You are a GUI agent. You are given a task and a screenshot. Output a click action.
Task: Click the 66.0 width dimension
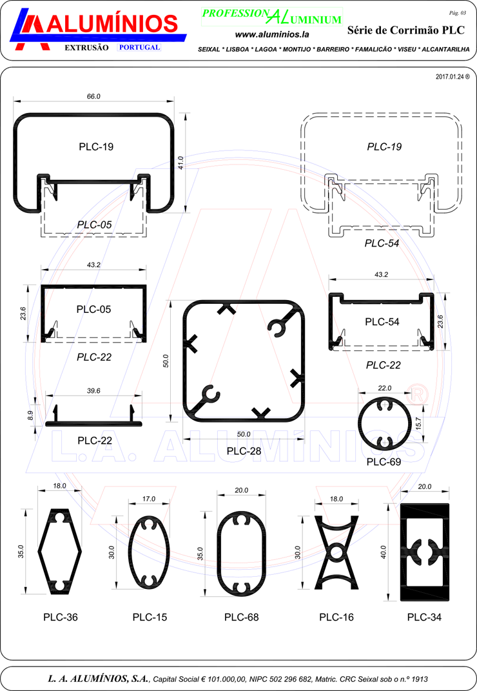[x=93, y=96]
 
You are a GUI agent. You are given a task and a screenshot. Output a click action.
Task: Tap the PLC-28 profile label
[x=244, y=451]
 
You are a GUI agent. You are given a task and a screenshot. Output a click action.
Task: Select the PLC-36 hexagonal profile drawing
[x=60, y=551]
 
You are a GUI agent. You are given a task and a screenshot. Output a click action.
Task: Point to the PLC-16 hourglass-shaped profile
[x=336, y=553]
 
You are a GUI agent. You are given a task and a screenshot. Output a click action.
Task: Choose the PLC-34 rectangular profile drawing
[x=425, y=552]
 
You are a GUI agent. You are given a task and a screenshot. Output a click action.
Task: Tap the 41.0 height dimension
[x=180, y=162]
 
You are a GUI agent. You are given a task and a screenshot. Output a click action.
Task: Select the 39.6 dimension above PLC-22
[x=93, y=390]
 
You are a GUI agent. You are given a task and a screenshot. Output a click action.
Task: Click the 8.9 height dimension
[x=30, y=415]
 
